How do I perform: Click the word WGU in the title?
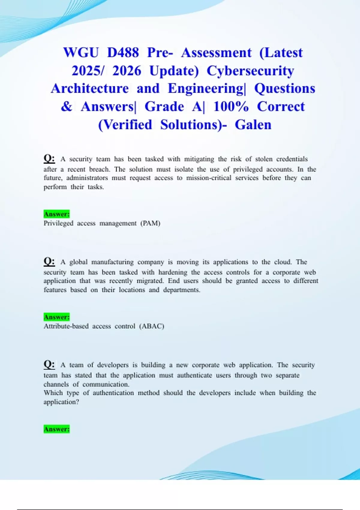pos(81,53)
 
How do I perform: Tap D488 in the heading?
pos(123,53)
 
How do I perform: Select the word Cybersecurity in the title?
pos(250,71)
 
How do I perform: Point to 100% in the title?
pos(231,106)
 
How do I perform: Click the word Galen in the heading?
pos(253,124)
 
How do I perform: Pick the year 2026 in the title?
pos(127,71)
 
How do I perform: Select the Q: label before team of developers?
pos(49,364)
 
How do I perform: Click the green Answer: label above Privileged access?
pos(57,214)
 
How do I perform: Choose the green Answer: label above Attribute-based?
pos(57,317)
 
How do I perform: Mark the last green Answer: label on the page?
pos(57,429)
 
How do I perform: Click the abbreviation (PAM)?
pos(150,223)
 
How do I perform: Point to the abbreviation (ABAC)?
pos(151,326)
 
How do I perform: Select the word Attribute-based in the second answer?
pos(66,326)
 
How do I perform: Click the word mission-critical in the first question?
pos(209,178)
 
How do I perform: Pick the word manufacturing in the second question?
pos(112,262)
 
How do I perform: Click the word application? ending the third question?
pos(61,402)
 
